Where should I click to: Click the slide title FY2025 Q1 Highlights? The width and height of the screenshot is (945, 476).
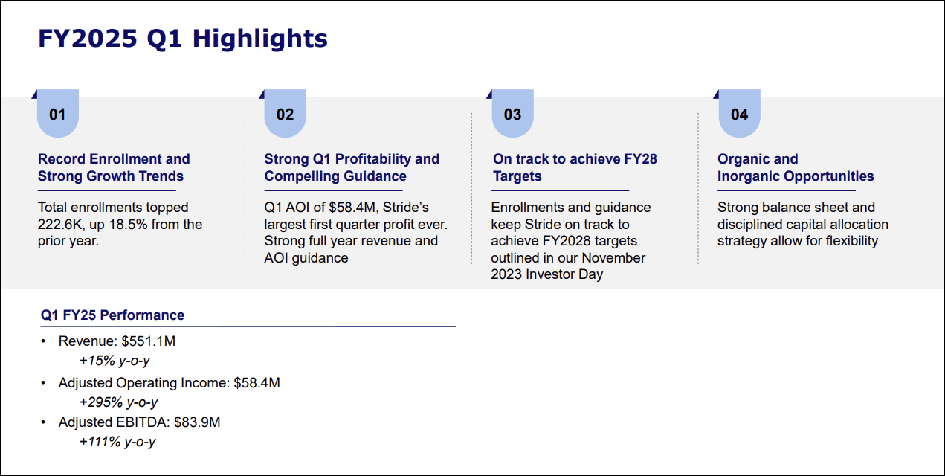pos(183,39)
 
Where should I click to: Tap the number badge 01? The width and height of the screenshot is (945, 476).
pos(57,115)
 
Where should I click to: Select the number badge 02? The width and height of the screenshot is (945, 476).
pos(285,115)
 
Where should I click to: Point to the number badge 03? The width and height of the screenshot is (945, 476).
pos(512,115)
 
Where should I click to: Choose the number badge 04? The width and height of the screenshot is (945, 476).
pos(739,115)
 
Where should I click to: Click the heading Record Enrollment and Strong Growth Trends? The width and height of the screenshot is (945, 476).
pos(114,167)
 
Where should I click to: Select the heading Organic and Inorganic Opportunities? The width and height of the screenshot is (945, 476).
pos(795,167)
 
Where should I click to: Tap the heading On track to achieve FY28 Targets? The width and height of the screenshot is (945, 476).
pos(575,167)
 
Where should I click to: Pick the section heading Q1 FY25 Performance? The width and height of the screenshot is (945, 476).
pos(112,315)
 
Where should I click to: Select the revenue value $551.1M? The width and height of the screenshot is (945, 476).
pos(148,341)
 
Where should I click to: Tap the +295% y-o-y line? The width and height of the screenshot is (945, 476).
pos(119,402)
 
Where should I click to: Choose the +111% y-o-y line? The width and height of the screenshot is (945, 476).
pos(117,442)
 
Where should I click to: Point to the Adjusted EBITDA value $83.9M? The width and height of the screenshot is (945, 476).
pos(197,422)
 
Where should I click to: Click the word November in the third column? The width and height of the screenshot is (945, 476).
pos(613,258)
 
